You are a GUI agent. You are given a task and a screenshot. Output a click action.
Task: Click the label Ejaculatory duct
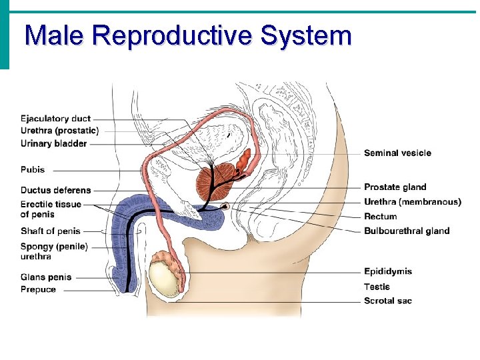pos(55,119)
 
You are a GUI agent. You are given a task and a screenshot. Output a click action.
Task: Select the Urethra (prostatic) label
pos(59,131)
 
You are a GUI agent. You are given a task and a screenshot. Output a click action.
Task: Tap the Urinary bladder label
pos(53,143)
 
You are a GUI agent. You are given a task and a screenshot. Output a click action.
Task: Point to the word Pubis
pos(33,170)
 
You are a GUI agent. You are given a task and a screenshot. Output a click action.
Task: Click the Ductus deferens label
pos(55,190)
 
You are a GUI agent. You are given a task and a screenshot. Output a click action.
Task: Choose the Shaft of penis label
pos(50,231)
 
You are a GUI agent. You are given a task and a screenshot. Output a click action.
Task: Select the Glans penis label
pos(45,277)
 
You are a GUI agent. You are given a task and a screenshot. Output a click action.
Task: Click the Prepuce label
pos(38,290)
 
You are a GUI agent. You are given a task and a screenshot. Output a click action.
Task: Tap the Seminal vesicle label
pos(397,153)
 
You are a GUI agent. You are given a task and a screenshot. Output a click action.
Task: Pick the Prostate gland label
pos(395,187)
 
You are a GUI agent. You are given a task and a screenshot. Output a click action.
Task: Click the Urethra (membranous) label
pos(412,202)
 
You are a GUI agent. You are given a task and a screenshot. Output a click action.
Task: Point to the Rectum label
pos(380,217)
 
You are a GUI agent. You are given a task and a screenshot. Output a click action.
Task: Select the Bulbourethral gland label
pos(406,231)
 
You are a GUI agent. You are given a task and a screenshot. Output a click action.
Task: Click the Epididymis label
pos(387,271)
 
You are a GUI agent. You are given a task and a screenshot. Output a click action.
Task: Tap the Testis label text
pos(377,287)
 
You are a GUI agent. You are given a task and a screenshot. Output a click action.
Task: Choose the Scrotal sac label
pos(387,301)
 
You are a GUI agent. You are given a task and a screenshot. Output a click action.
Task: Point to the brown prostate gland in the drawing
pos(213,181)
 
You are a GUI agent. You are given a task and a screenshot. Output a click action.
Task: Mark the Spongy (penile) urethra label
pos(54,251)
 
